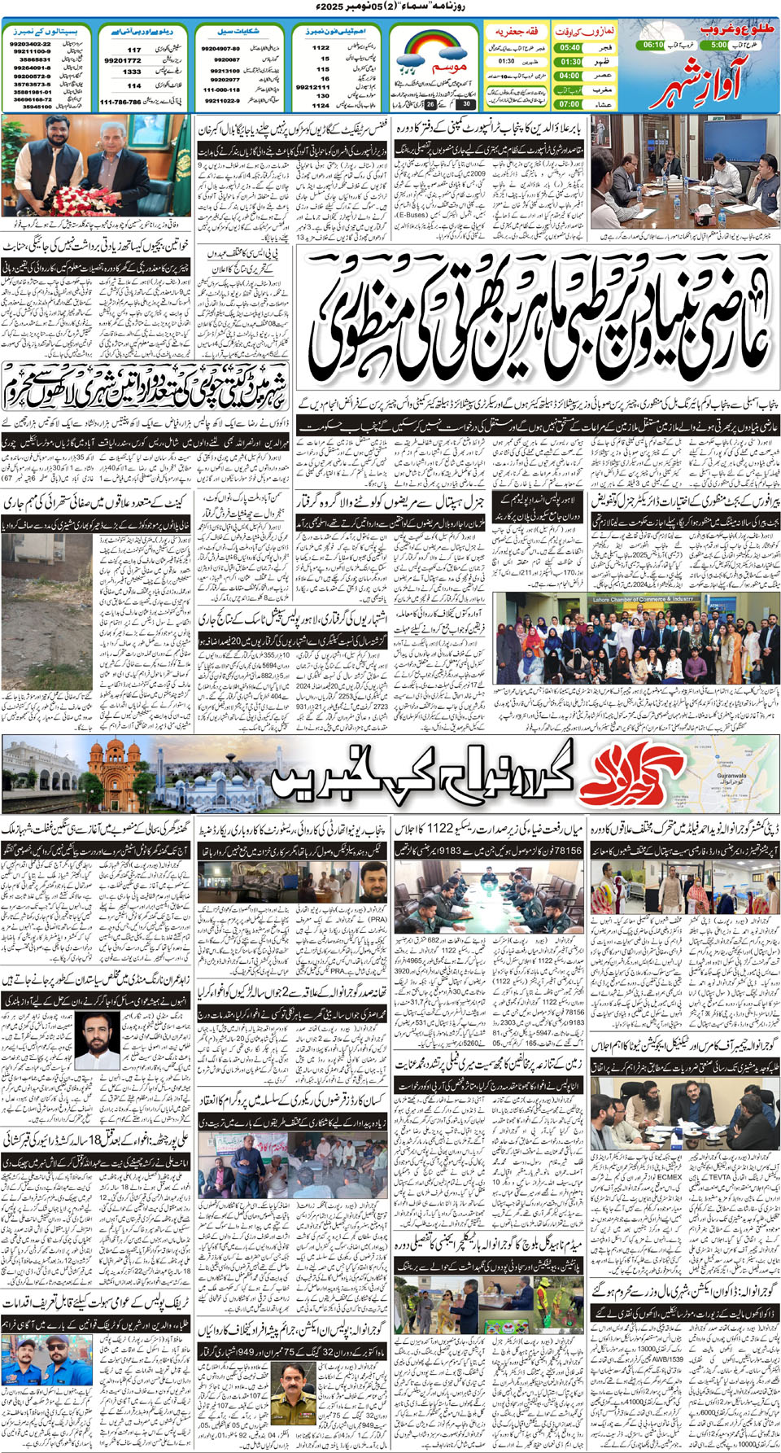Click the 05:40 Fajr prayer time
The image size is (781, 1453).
pos(570,47)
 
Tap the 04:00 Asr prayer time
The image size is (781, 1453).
pos(570,76)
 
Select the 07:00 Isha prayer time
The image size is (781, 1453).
pos(570,104)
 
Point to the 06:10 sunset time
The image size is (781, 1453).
pos(652,46)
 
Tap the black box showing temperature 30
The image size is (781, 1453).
pos(466,104)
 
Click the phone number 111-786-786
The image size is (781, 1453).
pos(120,103)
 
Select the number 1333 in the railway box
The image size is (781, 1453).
pos(132,72)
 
